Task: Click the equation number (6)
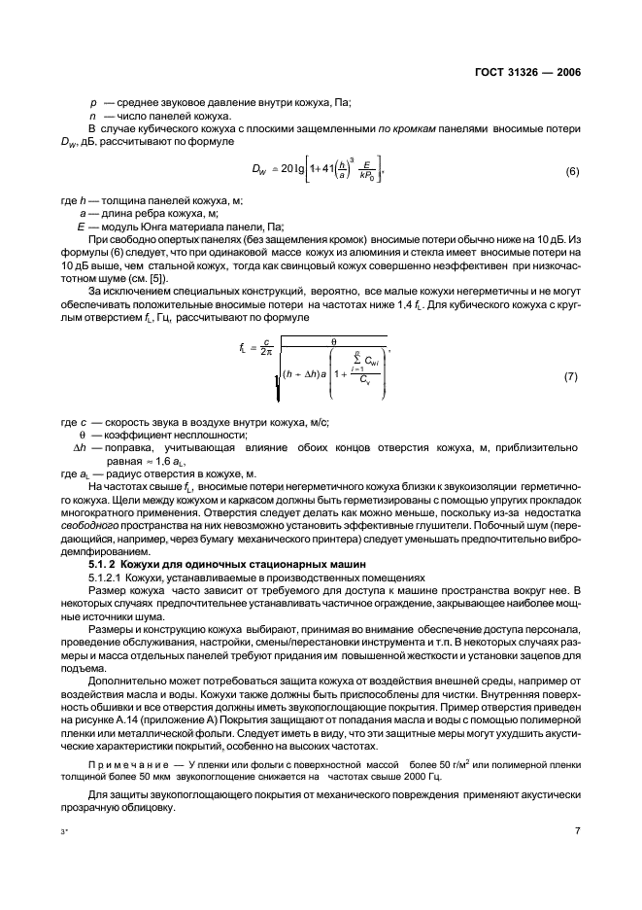click(572, 172)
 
